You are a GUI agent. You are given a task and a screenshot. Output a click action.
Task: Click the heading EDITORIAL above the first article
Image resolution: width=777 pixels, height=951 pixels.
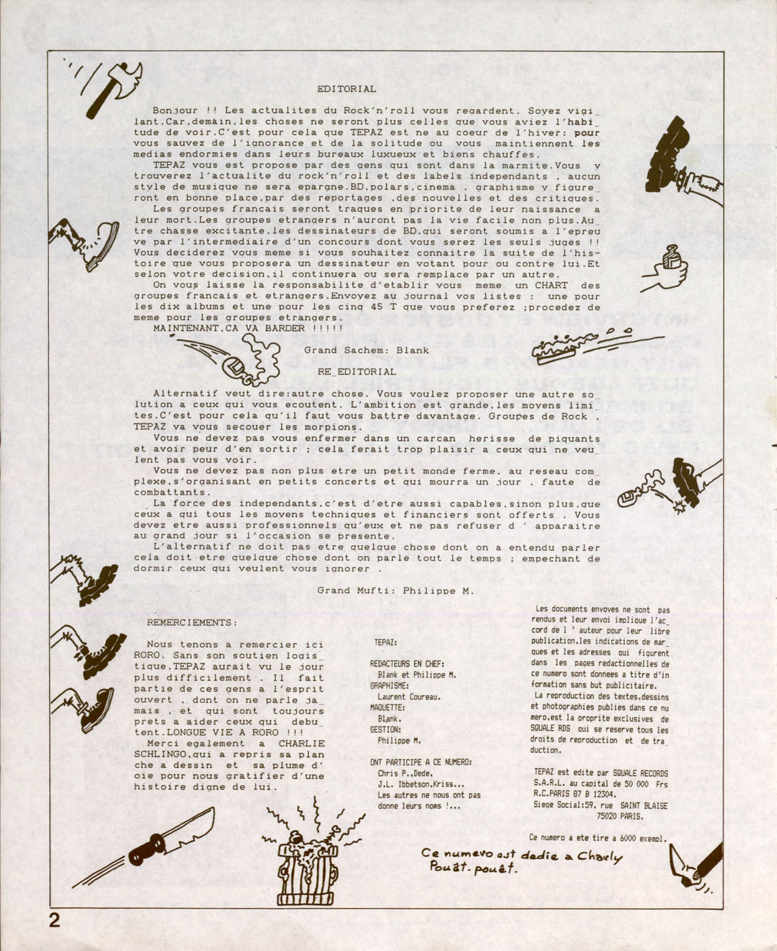pyautogui.click(x=347, y=89)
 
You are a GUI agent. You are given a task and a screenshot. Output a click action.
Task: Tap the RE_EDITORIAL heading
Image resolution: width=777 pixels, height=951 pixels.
pyautogui.click(x=357, y=372)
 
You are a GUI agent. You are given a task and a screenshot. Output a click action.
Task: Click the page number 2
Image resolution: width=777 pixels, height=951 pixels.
pyautogui.click(x=54, y=920)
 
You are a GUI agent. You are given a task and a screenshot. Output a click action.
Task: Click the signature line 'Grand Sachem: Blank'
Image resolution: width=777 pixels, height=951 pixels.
pyautogui.click(x=366, y=350)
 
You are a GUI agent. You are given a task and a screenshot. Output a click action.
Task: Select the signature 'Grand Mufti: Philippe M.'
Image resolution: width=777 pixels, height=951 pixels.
pyautogui.click(x=396, y=591)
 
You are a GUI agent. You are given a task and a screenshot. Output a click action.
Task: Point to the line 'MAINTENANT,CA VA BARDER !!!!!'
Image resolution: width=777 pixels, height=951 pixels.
pyautogui.click(x=248, y=328)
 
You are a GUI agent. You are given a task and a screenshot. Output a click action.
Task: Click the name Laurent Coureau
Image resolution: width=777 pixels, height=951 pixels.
pyautogui.click(x=409, y=697)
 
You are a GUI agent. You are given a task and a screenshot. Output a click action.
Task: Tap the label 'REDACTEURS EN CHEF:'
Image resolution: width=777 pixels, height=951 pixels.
pyautogui.click(x=407, y=664)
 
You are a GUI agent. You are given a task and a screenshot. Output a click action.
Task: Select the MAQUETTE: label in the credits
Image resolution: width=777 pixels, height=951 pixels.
pyautogui.click(x=387, y=708)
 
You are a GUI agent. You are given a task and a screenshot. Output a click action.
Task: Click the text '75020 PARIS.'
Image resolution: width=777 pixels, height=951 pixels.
pyautogui.click(x=620, y=816)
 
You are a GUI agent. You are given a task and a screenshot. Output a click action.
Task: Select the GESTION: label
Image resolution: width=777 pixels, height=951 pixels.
pyautogui.click(x=385, y=730)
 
